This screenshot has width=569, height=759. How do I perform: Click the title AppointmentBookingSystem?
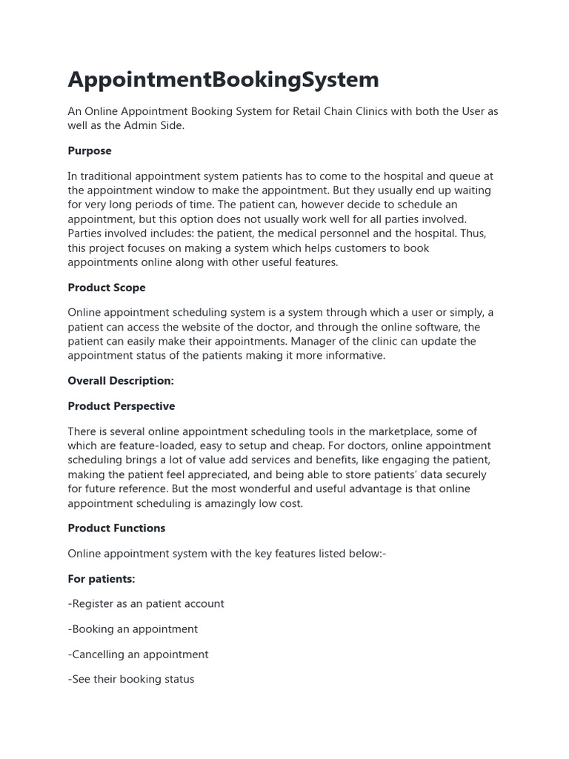pyautogui.click(x=223, y=79)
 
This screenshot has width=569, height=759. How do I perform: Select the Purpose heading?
pyautogui.click(x=90, y=151)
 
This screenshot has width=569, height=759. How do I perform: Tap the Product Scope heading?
pyautogui.click(x=107, y=288)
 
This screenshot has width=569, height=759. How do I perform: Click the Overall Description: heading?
pyautogui.click(x=121, y=381)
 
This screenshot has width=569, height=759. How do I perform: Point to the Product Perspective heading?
pyautogui.click(x=122, y=406)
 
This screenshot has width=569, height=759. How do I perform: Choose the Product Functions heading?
pyautogui.click(x=116, y=528)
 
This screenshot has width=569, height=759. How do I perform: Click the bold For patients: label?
pyautogui.click(x=102, y=579)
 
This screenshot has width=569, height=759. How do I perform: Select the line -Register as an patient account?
pyautogui.click(x=146, y=604)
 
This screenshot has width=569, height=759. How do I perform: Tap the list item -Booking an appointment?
pyautogui.click(x=133, y=629)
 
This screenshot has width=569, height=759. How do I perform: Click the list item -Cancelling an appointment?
pyautogui.click(x=138, y=654)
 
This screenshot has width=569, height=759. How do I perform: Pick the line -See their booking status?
pyautogui.click(x=131, y=680)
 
